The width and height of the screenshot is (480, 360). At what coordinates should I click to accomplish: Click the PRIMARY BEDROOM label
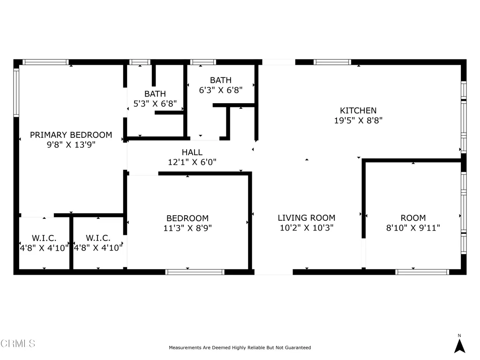click(x=71, y=135)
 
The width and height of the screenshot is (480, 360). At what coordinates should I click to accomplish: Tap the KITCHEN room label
click(x=358, y=110)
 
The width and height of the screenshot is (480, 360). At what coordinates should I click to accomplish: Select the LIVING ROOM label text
click(x=307, y=217)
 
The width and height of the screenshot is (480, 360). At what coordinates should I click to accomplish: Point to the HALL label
click(x=192, y=152)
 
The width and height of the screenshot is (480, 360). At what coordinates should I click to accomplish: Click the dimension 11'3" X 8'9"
click(x=187, y=228)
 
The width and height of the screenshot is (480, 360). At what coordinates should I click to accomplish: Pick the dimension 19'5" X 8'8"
click(x=358, y=120)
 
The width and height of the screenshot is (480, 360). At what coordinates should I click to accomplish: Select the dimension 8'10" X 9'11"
click(x=413, y=228)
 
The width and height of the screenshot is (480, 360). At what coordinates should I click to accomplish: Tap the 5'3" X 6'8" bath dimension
click(x=155, y=104)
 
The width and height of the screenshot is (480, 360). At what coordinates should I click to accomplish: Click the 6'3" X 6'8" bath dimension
click(x=221, y=90)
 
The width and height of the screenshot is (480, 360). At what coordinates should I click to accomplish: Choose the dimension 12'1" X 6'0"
click(x=192, y=162)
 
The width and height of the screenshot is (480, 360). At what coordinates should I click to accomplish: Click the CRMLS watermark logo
click(x=18, y=343)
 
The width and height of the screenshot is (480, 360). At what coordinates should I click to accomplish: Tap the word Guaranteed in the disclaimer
click(x=298, y=347)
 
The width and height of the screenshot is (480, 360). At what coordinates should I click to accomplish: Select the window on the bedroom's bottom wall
click(x=195, y=272)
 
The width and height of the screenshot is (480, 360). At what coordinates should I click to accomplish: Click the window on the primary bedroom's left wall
click(x=16, y=92)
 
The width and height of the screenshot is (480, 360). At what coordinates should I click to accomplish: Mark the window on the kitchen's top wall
click(x=332, y=62)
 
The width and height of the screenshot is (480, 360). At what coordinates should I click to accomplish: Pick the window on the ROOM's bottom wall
click(x=422, y=272)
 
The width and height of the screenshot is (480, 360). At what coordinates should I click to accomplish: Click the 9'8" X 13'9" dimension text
click(x=71, y=144)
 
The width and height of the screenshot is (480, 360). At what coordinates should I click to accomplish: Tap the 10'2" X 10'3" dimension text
click(x=307, y=228)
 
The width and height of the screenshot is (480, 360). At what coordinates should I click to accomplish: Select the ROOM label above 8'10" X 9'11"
click(x=413, y=217)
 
